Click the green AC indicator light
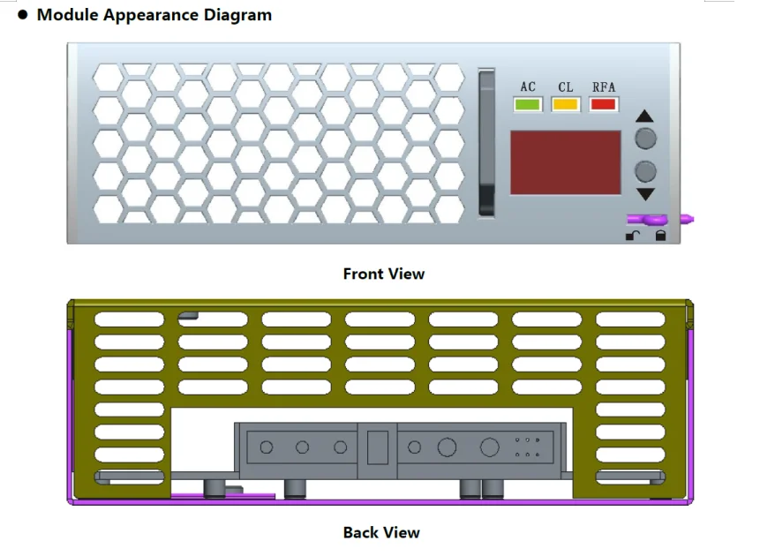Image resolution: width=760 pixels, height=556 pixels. coord(528,104)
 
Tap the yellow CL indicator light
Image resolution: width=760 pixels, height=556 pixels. coord(566,104)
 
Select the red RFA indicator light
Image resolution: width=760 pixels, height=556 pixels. coord(604,104)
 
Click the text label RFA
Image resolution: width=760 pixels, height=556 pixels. coord(604,86)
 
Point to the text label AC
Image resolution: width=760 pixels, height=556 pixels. coord(528,86)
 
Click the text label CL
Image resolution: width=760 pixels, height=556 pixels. coord(566,86)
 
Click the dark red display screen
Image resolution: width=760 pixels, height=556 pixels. coord(565,162)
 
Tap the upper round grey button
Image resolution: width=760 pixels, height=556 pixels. coord(646,139)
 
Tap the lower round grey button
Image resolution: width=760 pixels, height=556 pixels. coord(646,170)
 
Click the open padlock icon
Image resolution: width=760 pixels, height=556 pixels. coord(633,236)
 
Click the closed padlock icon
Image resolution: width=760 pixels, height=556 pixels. coord(660,236)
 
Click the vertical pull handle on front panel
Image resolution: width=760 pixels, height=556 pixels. coord(486,142)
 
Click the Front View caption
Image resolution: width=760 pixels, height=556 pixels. coord(383,274)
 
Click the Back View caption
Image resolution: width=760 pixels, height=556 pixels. coord(381,532)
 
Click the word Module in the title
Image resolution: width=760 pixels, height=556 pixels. coord(67,15)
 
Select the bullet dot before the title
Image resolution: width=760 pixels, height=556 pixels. coord(23,15)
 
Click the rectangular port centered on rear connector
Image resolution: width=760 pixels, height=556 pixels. coord(377,447)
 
